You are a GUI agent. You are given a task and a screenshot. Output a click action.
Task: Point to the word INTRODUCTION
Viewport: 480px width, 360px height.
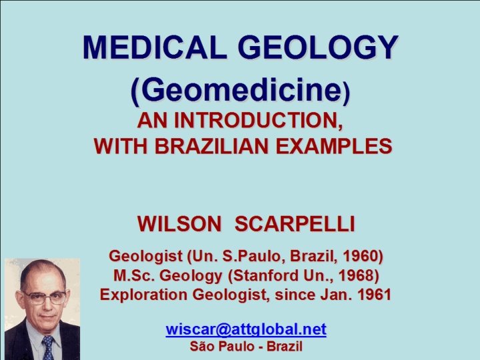click(259, 121)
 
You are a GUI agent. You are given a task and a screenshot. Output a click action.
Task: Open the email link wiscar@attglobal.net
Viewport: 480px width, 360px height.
click(246, 329)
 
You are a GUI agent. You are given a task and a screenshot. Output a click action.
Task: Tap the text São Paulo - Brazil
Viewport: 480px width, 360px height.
click(246, 347)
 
